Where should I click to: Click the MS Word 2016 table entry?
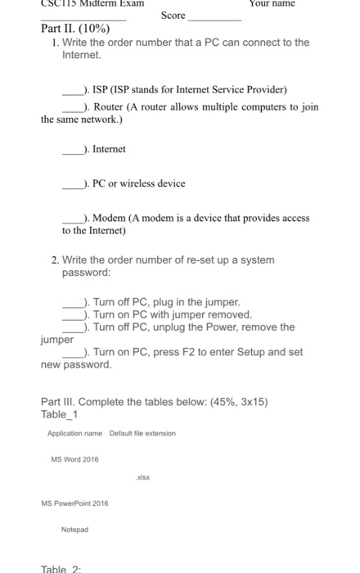[x=74, y=459]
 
